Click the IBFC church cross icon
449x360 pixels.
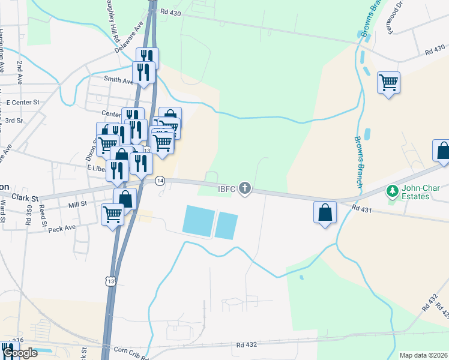click(244, 189)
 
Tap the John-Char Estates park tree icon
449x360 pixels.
click(393, 191)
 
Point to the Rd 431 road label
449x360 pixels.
click(363, 208)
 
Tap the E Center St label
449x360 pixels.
click(22, 103)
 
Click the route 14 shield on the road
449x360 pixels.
click(160, 180)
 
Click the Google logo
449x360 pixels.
click(20, 353)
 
